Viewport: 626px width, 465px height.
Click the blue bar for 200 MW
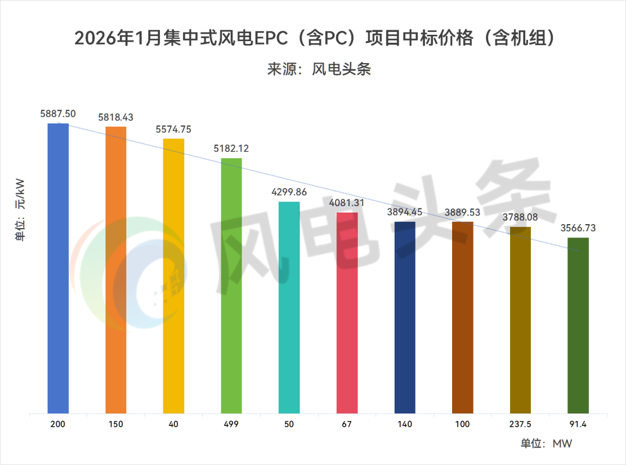click(x=58, y=268)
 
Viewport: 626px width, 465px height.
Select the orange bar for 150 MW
click(x=115, y=270)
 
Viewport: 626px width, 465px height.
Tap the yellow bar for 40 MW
click(x=173, y=276)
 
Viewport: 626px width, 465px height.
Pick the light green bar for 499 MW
click(x=231, y=285)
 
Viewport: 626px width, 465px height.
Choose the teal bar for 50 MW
click(x=289, y=307)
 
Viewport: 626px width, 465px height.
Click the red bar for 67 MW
click(x=347, y=313)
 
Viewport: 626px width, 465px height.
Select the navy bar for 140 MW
click(x=405, y=317)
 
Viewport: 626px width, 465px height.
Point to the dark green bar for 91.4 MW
click(x=578, y=325)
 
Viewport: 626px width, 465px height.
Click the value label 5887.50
click(x=58, y=114)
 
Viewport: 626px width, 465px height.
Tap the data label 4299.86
click(x=289, y=192)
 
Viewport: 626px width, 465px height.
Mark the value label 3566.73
click(x=578, y=228)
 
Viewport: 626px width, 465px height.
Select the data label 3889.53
click(x=463, y=213)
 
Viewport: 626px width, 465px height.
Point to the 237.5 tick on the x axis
click(x=521, y=424)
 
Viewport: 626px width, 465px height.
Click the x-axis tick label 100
click(x=463, y=424)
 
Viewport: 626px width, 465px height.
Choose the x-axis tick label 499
click(x=231, y=424)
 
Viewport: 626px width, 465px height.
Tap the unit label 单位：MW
click(x=547, y=444)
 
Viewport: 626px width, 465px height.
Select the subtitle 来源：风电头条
click(x=318, y=69)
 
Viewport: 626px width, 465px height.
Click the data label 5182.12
click(x=231, y=149)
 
